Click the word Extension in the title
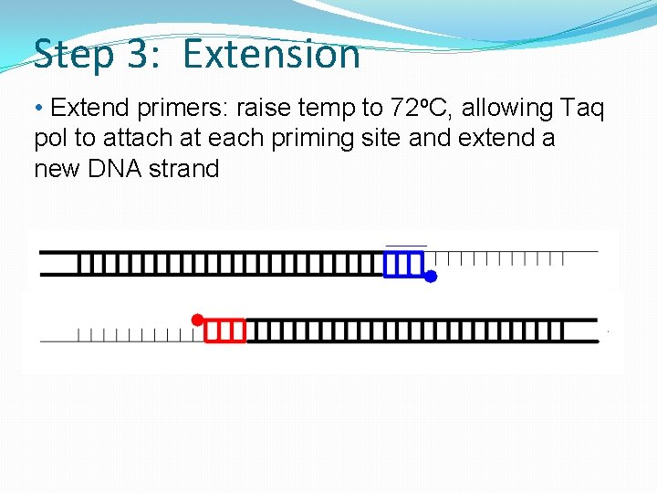click(271, 55)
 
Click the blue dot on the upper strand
click(431, 276)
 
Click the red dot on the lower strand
click(196, 320)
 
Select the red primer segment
click(224, 330)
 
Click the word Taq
click(581, 109)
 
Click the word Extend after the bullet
click(90, 109)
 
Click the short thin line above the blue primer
click(406, 246)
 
